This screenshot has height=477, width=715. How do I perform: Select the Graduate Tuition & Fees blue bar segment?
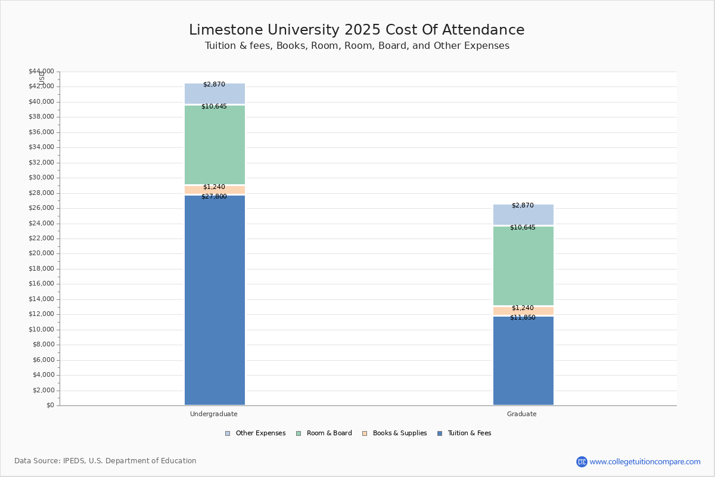tap(523, 361)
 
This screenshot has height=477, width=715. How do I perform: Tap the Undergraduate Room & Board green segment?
tap(214, 145)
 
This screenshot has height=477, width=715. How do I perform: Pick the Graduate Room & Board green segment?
tap(523, 266)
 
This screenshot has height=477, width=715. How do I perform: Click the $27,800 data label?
tap(214, 197)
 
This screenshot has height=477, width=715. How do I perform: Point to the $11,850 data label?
tap(523, 318)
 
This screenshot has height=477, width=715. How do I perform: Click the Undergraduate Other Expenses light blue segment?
tap(214, 94)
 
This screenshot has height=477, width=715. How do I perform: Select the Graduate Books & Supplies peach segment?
tap(523, 311)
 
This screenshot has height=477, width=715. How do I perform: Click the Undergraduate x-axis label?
tap(214, 414)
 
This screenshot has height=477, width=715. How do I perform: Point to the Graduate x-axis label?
tap(522, 414)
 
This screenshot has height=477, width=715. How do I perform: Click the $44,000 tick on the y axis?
tap(41, 72)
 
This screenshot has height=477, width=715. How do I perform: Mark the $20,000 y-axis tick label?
tap(41, 253)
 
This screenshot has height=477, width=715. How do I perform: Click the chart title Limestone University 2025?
tap(356, 30)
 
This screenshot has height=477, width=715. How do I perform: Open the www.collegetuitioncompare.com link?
tap(645, 461)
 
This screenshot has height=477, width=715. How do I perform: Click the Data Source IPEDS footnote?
tap(105, 461)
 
